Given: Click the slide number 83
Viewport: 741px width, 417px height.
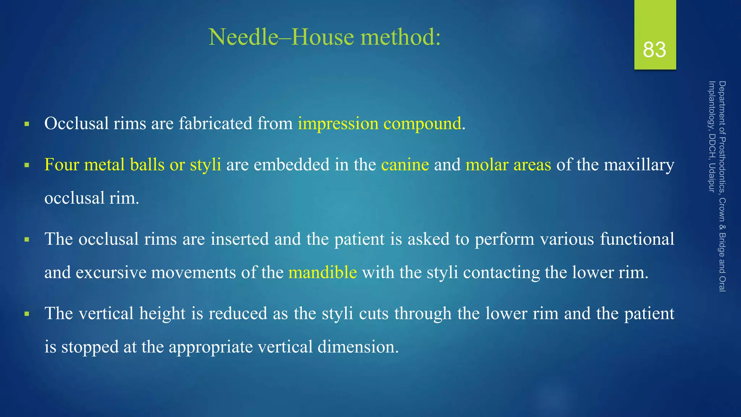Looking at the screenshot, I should pos(655,50).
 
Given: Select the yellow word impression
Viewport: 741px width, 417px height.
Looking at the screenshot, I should pos(338,124).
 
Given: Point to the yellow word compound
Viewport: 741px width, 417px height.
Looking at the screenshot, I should pos(422,124).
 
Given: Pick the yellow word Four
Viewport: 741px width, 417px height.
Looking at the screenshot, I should pos(62,165).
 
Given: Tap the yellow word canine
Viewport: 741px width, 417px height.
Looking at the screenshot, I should pos(405,165).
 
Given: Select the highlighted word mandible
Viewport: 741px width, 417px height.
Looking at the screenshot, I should pos(323,272).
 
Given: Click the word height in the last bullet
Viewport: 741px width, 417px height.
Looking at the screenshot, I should pos(162,313).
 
